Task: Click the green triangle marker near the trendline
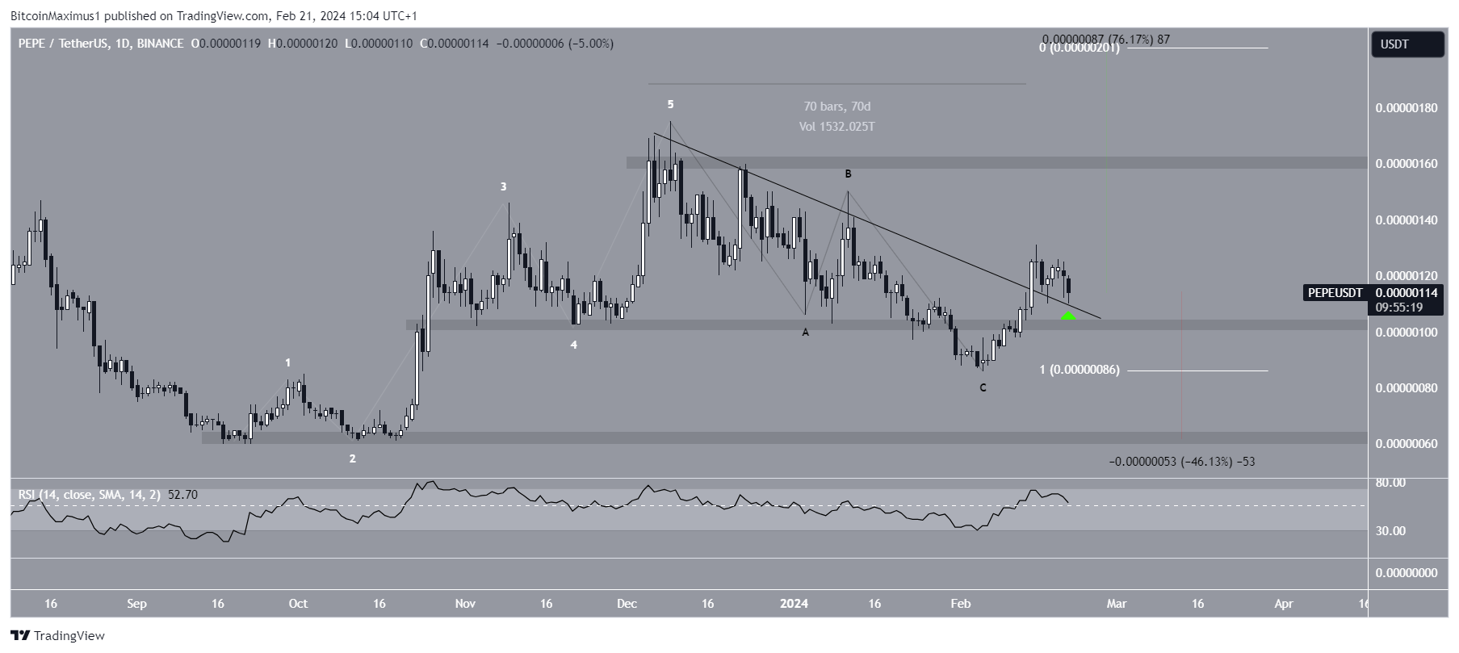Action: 1067,315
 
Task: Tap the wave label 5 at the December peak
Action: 670,104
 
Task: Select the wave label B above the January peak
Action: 848,174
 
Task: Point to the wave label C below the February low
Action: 983,387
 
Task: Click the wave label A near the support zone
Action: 805,332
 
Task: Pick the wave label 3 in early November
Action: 503,186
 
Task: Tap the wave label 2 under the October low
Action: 352,458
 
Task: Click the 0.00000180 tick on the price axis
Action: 1407,108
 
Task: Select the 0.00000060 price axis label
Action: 1407,444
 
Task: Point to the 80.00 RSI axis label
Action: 1390,483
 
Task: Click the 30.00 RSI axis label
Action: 1390,530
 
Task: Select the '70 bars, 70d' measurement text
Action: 836,107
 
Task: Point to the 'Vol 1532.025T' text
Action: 836,127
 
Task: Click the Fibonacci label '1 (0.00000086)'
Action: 1079,370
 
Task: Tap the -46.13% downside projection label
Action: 1181,462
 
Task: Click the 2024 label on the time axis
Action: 794,603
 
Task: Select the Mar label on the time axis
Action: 1116,603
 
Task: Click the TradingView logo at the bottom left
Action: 57,635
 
